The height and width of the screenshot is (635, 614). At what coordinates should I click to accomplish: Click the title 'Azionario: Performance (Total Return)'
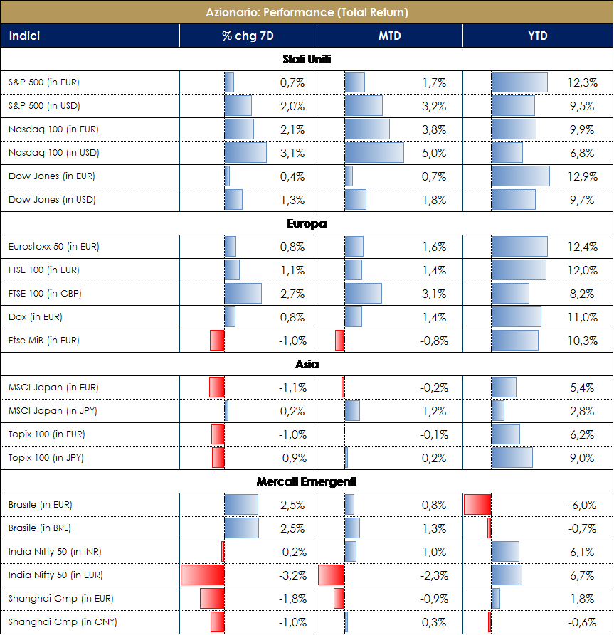(x=307, y=12)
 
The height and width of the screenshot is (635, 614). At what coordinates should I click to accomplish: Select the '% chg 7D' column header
(x=247, y=36)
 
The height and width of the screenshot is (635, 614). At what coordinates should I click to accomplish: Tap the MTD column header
(x=388, y=36)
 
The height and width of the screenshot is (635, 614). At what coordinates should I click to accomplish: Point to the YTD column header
(x=537, y=36)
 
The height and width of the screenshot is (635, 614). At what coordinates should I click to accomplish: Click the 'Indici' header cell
(x=24, y=36)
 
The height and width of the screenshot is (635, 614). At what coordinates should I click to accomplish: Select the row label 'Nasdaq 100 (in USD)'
(x=53, y=153)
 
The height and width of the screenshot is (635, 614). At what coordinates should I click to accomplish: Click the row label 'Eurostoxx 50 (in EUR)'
(x=53, y=247)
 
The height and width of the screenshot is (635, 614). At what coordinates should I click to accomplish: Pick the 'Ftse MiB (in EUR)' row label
(x=43, y=341)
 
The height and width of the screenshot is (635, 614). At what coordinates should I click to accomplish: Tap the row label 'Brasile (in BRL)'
(x=40, y=528)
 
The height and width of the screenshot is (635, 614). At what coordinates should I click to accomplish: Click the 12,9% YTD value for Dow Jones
(x=583, y=176)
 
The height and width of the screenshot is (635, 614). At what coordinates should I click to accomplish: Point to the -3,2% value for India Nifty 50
(x=292, y=575)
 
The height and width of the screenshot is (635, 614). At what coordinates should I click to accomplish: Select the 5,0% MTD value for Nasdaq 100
(x=434, y=153)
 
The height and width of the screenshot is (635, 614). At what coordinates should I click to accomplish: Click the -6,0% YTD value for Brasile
(x=581, y=505)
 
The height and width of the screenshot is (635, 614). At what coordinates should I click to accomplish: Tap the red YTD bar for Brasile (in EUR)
(x=477, y=505)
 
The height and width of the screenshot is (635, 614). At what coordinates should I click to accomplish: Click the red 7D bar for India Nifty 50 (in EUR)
(x=203, y=575)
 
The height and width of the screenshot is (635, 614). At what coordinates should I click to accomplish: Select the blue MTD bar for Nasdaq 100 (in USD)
(x=374, y=153)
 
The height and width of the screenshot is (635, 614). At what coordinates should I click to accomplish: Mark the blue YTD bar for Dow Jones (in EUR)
(x=520, y=176)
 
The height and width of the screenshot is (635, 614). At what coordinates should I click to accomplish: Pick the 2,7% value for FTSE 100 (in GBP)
(x=292, y=294)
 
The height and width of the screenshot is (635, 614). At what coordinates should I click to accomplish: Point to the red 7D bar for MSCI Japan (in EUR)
(x=216, y=388)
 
